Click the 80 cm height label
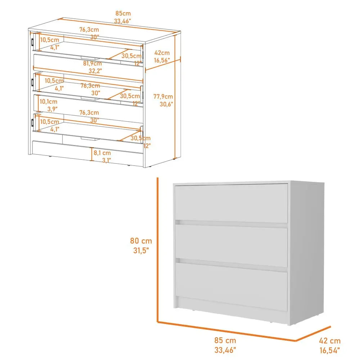coord(141,241)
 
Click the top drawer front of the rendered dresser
coord(231,203)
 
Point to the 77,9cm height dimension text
coord(163,96)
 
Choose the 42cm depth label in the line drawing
coord(162,53)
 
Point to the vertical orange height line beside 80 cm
coord(157,248)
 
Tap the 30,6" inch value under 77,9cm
coord(166,104)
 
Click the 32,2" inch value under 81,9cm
coord(95,71)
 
